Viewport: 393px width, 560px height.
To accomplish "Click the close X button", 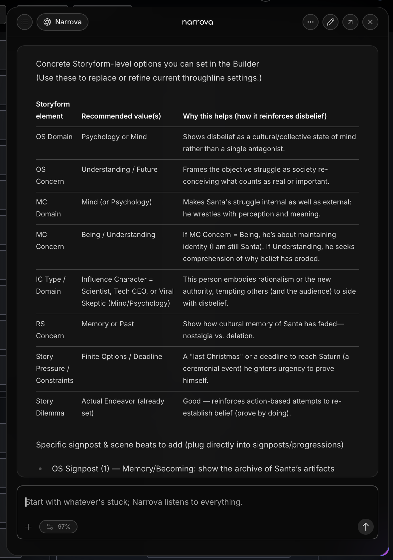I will (x=370, y=22).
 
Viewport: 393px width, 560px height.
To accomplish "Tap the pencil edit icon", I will (x=330, y=22).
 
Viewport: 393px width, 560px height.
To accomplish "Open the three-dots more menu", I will (x=310, y=22).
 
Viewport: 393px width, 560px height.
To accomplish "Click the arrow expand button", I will (x=350, y=22).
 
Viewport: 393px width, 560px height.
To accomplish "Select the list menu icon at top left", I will (x=25, y=22).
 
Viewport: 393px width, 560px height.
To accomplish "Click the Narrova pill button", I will (x=63, y=22).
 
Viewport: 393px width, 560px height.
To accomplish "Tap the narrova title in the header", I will (x=197, y=22).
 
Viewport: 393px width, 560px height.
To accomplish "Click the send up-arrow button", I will (x=365, y=527).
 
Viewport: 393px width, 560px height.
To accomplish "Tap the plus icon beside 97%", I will (x=28, y=527).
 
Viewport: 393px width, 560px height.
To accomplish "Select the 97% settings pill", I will (x=58, y=527).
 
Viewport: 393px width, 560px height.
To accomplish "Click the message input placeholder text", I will (x=134, y=502).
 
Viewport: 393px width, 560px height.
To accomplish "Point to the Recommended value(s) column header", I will (x=121, y=116).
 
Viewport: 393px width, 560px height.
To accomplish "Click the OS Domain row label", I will (x=54, y=137).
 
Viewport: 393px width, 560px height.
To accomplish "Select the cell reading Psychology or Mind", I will (x=114, y=137).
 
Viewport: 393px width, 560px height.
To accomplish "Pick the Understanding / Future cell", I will (x=119, y=169).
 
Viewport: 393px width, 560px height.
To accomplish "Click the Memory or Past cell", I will (x=108, y=324).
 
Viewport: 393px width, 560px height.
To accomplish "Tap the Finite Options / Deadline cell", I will (x=122, y=357).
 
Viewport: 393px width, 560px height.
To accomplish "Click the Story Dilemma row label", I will (x=50, y=407).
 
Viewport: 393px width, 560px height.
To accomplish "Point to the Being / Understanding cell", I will (x=118, y=235).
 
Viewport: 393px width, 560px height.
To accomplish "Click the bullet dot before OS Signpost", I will (x=40, y=469).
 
